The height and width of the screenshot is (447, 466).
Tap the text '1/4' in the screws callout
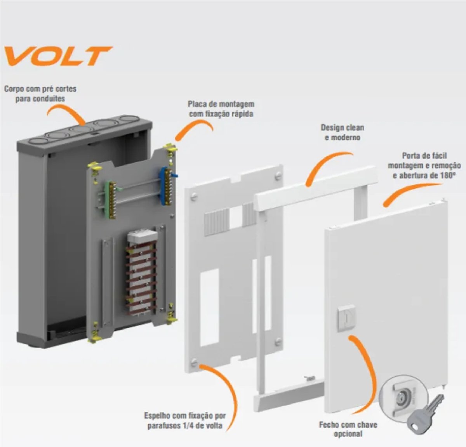pyautogui.click(x=181, y=426)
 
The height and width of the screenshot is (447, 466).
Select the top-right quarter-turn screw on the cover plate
pyautogui.click(x=278, y=175)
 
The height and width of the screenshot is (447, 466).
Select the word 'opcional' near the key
pyautogui.click(x=348, y=434)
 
